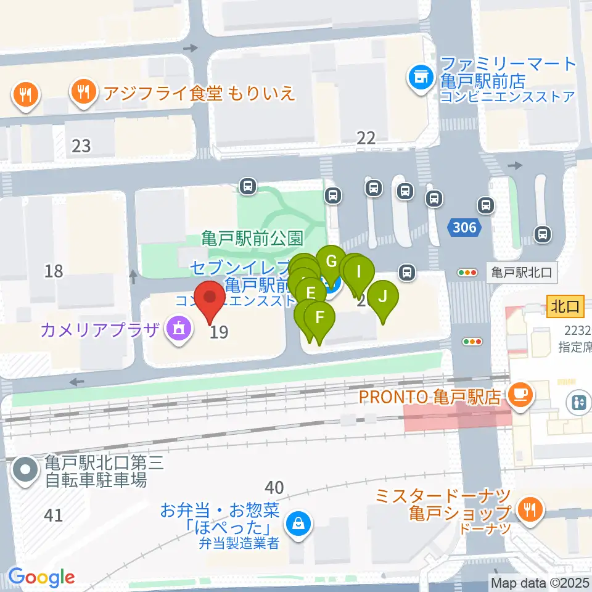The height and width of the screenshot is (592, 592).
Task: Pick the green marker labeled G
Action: click(x=332, y=261)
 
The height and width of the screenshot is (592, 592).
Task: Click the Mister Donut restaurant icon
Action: click(x=529, y=509)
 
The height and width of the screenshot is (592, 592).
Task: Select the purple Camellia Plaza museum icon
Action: click(x=178, y=330)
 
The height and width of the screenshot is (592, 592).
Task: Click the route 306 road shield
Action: click(x=464, y=228)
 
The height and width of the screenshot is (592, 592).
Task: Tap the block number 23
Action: click(x=81, y=146)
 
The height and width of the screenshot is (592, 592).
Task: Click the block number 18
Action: click(x=54, y=270)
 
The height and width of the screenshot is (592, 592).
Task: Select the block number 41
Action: click(x=54, y=514)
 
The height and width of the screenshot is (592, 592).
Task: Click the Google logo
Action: click(x=41, y=577)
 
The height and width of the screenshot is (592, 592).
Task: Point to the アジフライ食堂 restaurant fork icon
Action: click(x=83, y=93)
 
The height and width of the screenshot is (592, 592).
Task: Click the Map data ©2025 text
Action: click(x=540, y=582)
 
